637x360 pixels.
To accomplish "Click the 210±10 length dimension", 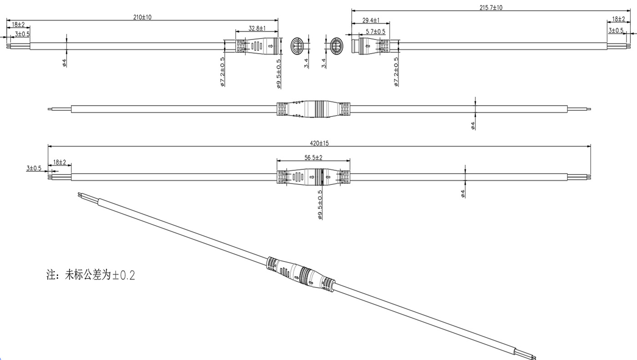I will click(x=142, y=17).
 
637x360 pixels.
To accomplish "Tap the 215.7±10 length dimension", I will click(x=491, y=8).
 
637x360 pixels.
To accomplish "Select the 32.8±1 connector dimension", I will click(x=257, y=28).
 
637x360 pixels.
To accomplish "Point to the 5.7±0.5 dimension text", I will click(x=375, y=31).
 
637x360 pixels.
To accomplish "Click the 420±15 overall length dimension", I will click(x=319, y=143).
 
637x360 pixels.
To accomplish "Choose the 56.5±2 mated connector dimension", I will click(x=313, y=157).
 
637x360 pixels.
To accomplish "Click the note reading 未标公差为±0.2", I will click(x=91, y=275).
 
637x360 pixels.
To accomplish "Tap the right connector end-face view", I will click(x=335, y=46).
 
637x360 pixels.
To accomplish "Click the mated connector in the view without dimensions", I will click(x=313, y=109).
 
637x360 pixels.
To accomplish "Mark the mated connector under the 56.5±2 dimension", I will click(x=313, y=177).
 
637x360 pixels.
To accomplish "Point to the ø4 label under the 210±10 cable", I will click(x=65, y=63).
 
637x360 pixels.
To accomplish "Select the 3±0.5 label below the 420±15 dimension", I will click(x=34, y=168).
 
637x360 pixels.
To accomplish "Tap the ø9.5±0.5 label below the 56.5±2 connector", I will click(x=320, y=205).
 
